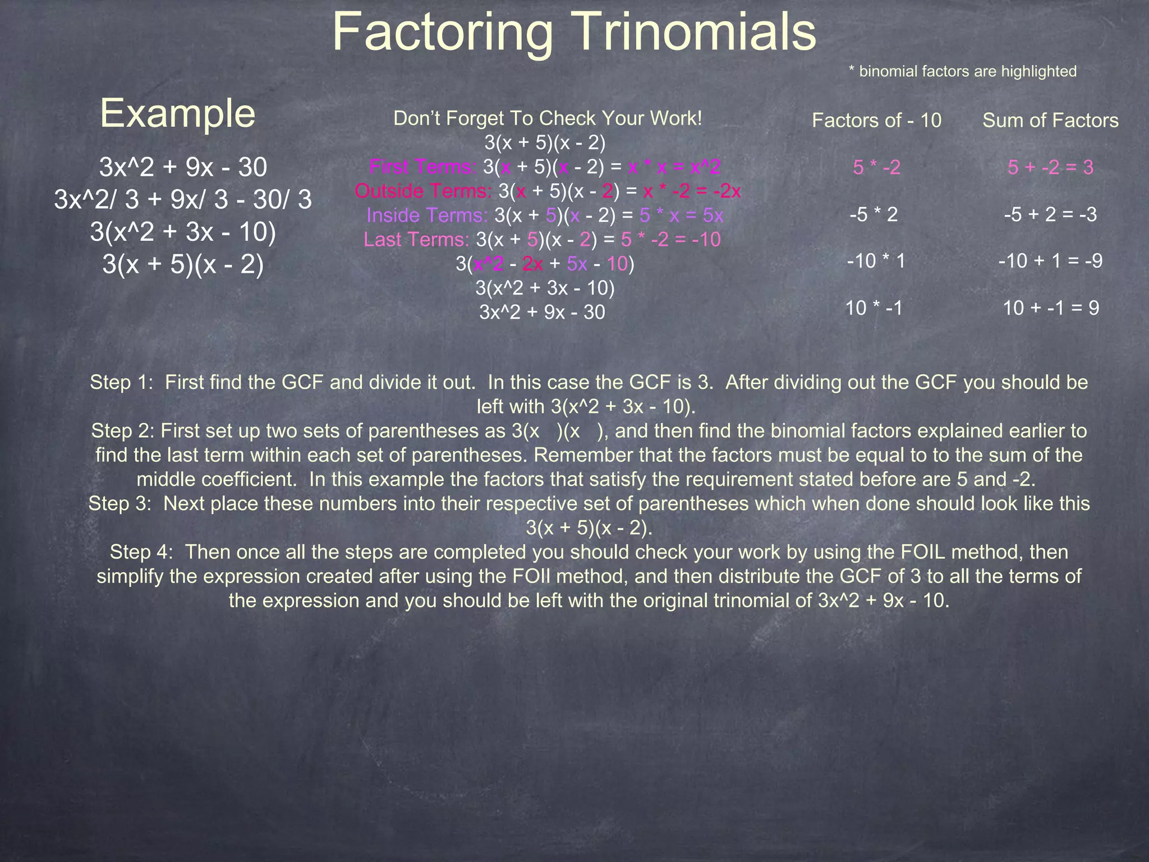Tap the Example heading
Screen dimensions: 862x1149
point(177,113)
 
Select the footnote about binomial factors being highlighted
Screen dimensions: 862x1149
point(962,71)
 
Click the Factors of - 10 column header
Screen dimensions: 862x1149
point(876,120)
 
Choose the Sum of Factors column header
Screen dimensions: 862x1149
point(1050,120)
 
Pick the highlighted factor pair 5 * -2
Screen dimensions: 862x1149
point(876,167)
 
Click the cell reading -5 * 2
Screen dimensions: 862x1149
point(874,214)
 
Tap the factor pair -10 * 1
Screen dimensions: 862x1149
point(876,261)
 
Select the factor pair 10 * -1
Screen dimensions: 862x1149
point(874,308)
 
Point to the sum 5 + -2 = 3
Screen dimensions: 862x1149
point(1050,167)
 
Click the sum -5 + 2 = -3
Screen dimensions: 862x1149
point(1050,214)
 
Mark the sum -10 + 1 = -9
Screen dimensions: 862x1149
point(1050,261)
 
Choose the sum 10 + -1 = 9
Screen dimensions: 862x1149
point(1050,308)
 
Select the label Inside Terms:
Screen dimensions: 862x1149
point(427,215)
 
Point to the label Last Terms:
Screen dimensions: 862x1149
point(416,240)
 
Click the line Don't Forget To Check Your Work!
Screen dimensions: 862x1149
point(548,118)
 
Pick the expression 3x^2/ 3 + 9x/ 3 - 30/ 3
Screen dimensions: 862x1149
point(183,200)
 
